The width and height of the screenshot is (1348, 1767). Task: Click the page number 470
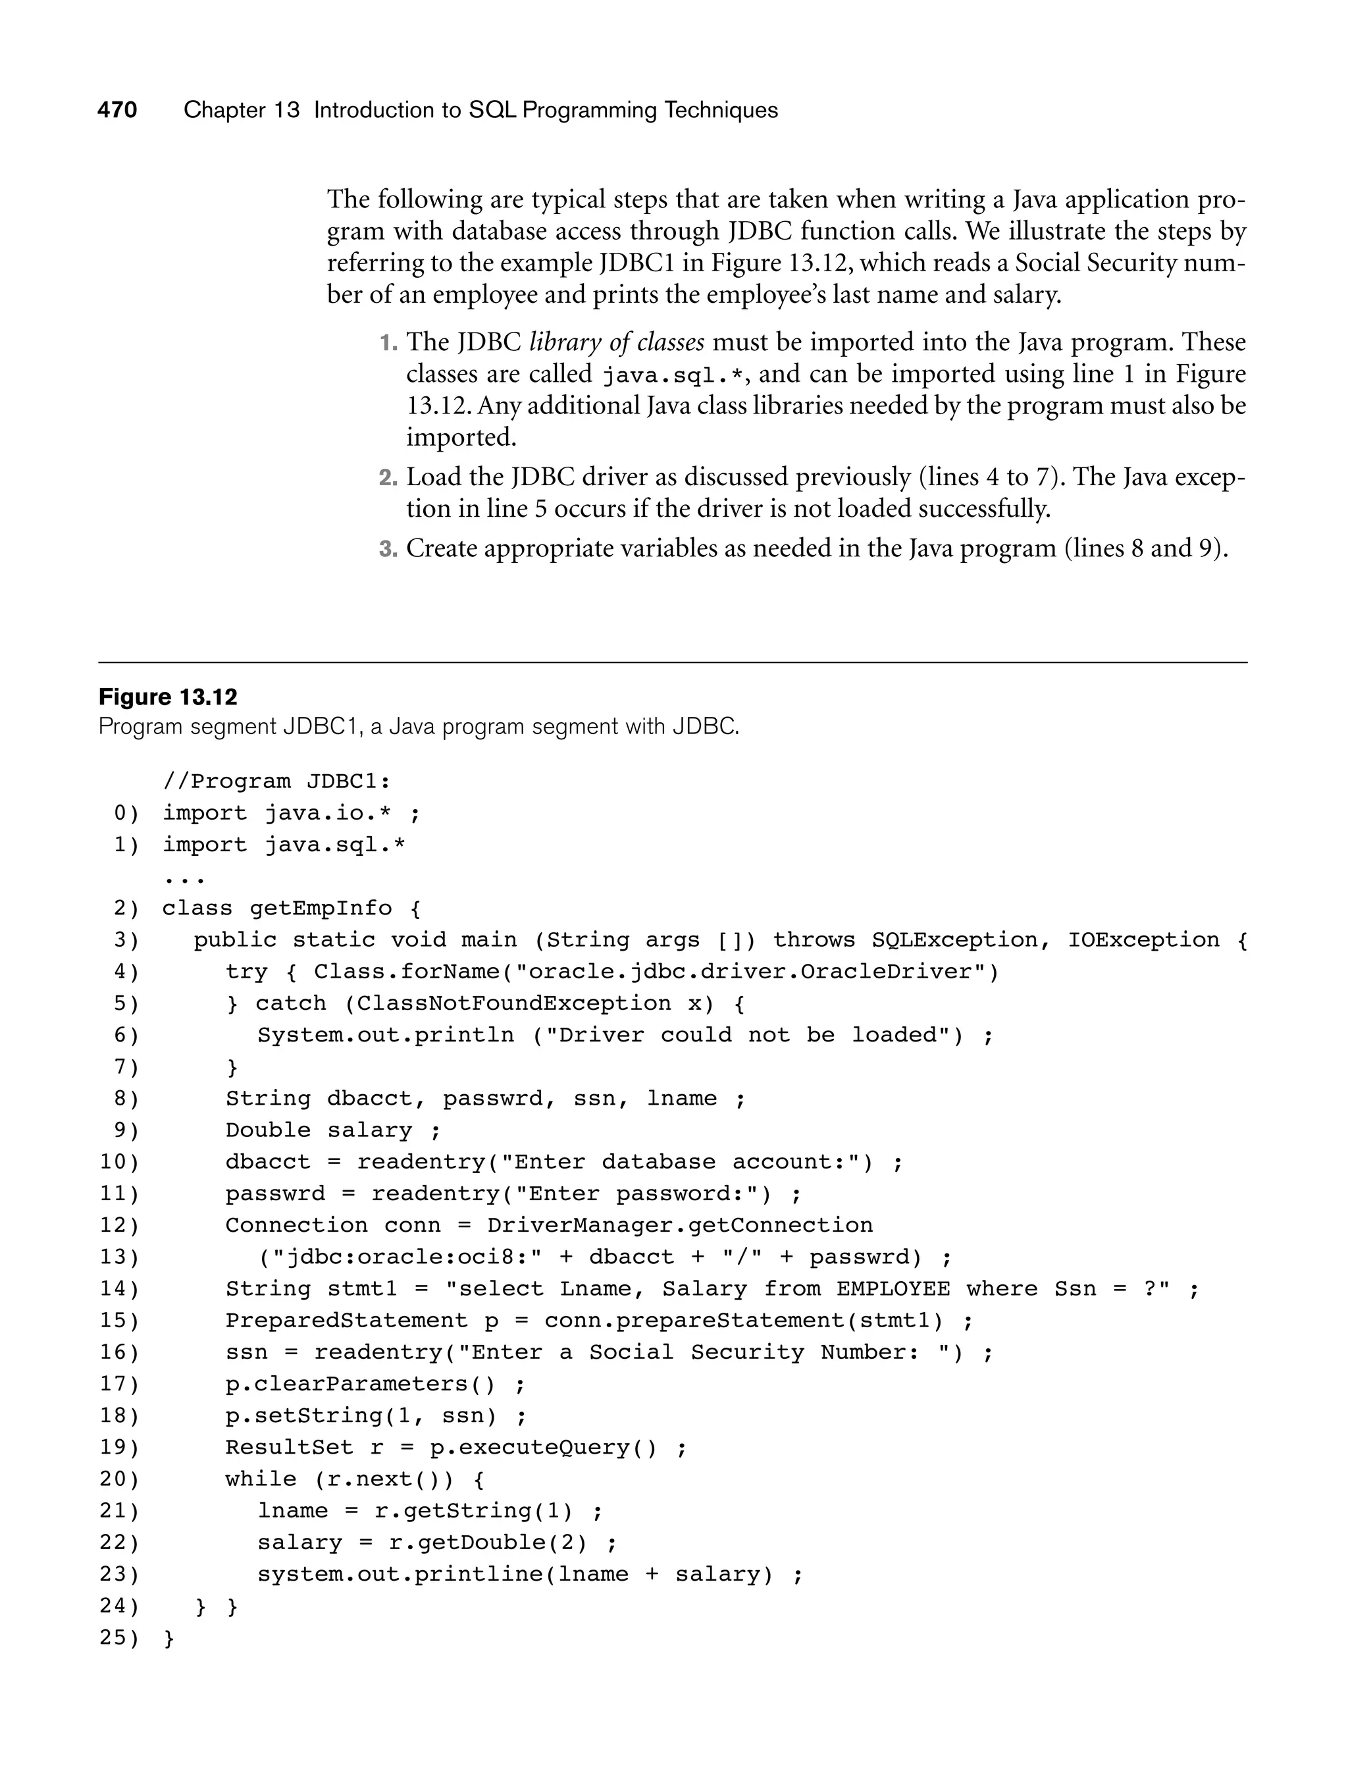[117, 110]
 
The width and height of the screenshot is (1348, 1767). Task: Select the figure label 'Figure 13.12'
[168, 697]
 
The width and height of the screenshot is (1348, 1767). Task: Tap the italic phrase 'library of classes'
[616, 342]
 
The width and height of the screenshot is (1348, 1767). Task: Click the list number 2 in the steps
[388, 478]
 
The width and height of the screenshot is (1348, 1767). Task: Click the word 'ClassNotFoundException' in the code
[513, 1003]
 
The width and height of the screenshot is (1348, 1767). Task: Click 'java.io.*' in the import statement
[328, 813]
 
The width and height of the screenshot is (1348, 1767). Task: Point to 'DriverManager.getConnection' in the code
[680, 1225]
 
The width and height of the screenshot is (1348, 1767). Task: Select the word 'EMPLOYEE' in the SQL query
[893, 1289]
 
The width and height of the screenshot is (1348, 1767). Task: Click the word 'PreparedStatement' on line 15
[346, 1321]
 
